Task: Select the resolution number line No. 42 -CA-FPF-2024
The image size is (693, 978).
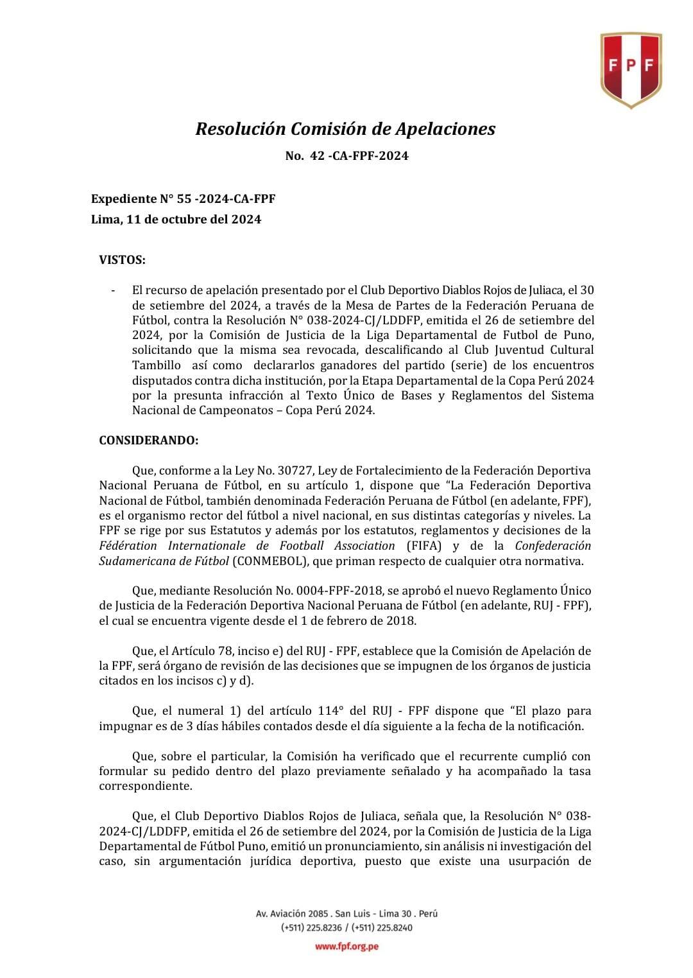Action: [346, 156]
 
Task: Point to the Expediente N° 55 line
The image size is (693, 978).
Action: [184, 199]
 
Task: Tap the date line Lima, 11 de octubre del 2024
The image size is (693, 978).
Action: [176, 220]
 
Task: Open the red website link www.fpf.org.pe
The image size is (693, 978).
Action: [346, 947]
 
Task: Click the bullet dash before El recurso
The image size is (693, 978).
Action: [114, 290]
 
